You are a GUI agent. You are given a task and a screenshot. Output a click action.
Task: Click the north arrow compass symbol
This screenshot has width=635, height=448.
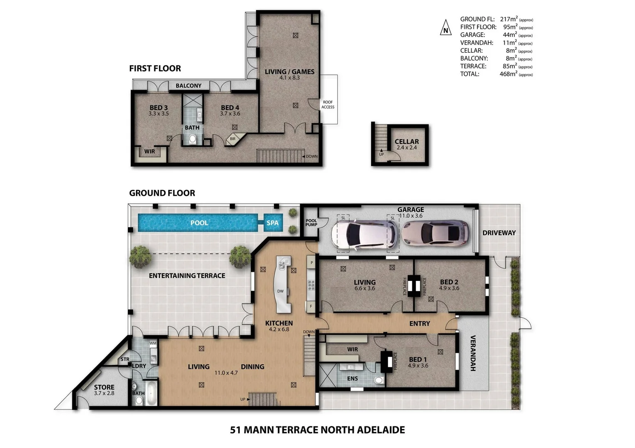click(445, 28)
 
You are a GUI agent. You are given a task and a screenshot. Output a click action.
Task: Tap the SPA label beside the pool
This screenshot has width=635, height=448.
click(272, 223)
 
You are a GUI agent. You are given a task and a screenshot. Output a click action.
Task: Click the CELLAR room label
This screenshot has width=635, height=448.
click(406, 141)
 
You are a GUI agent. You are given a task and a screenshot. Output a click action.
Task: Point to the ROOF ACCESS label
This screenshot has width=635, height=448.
click(328, 105)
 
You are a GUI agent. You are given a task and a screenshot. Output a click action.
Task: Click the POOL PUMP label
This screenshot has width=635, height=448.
click(311, 223)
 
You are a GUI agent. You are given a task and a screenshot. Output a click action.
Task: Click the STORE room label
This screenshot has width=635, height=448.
click(104, 387)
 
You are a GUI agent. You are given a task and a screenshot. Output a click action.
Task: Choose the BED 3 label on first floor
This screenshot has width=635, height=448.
click(158, 108)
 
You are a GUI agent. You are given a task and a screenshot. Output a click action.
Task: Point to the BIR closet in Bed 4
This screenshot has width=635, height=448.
click(233, 139)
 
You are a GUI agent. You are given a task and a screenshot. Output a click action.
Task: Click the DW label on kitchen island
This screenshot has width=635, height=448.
click(280, 291)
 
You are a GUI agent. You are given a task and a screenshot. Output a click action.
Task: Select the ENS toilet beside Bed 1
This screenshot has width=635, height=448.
click(378, 380)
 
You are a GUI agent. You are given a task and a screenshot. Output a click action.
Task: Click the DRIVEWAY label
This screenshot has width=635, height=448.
click(499, 233)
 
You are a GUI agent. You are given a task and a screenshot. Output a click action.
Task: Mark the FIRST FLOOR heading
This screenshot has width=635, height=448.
click(155, 68)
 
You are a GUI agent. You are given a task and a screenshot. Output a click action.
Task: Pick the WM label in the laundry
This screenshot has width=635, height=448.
click(153, 343)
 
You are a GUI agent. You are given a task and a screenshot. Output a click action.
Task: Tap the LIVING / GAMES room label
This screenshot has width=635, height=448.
click(290, 72)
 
